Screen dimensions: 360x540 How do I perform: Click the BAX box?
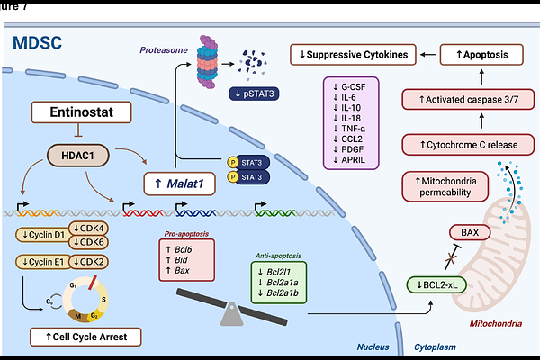point(470,232)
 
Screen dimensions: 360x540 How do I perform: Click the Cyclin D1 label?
point(41,235)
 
